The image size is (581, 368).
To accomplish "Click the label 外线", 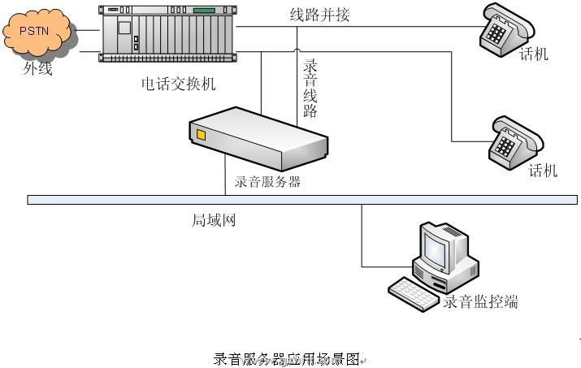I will (37, 69).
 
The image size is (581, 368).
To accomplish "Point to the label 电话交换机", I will (178, 83).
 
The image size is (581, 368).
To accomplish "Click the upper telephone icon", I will (507, 25).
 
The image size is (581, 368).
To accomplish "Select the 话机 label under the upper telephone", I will (534, 54).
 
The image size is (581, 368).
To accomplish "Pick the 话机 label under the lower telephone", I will (543, 171).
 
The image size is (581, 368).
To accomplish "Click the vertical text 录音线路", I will (310, 88).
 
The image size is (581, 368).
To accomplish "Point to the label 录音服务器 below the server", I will (267, 181).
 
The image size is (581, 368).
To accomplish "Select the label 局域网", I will (214, 220).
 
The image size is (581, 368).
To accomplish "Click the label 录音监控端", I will (480, 302).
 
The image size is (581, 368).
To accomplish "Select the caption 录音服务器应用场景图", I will (286, 359).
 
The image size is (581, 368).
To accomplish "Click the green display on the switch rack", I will (203, 11).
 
